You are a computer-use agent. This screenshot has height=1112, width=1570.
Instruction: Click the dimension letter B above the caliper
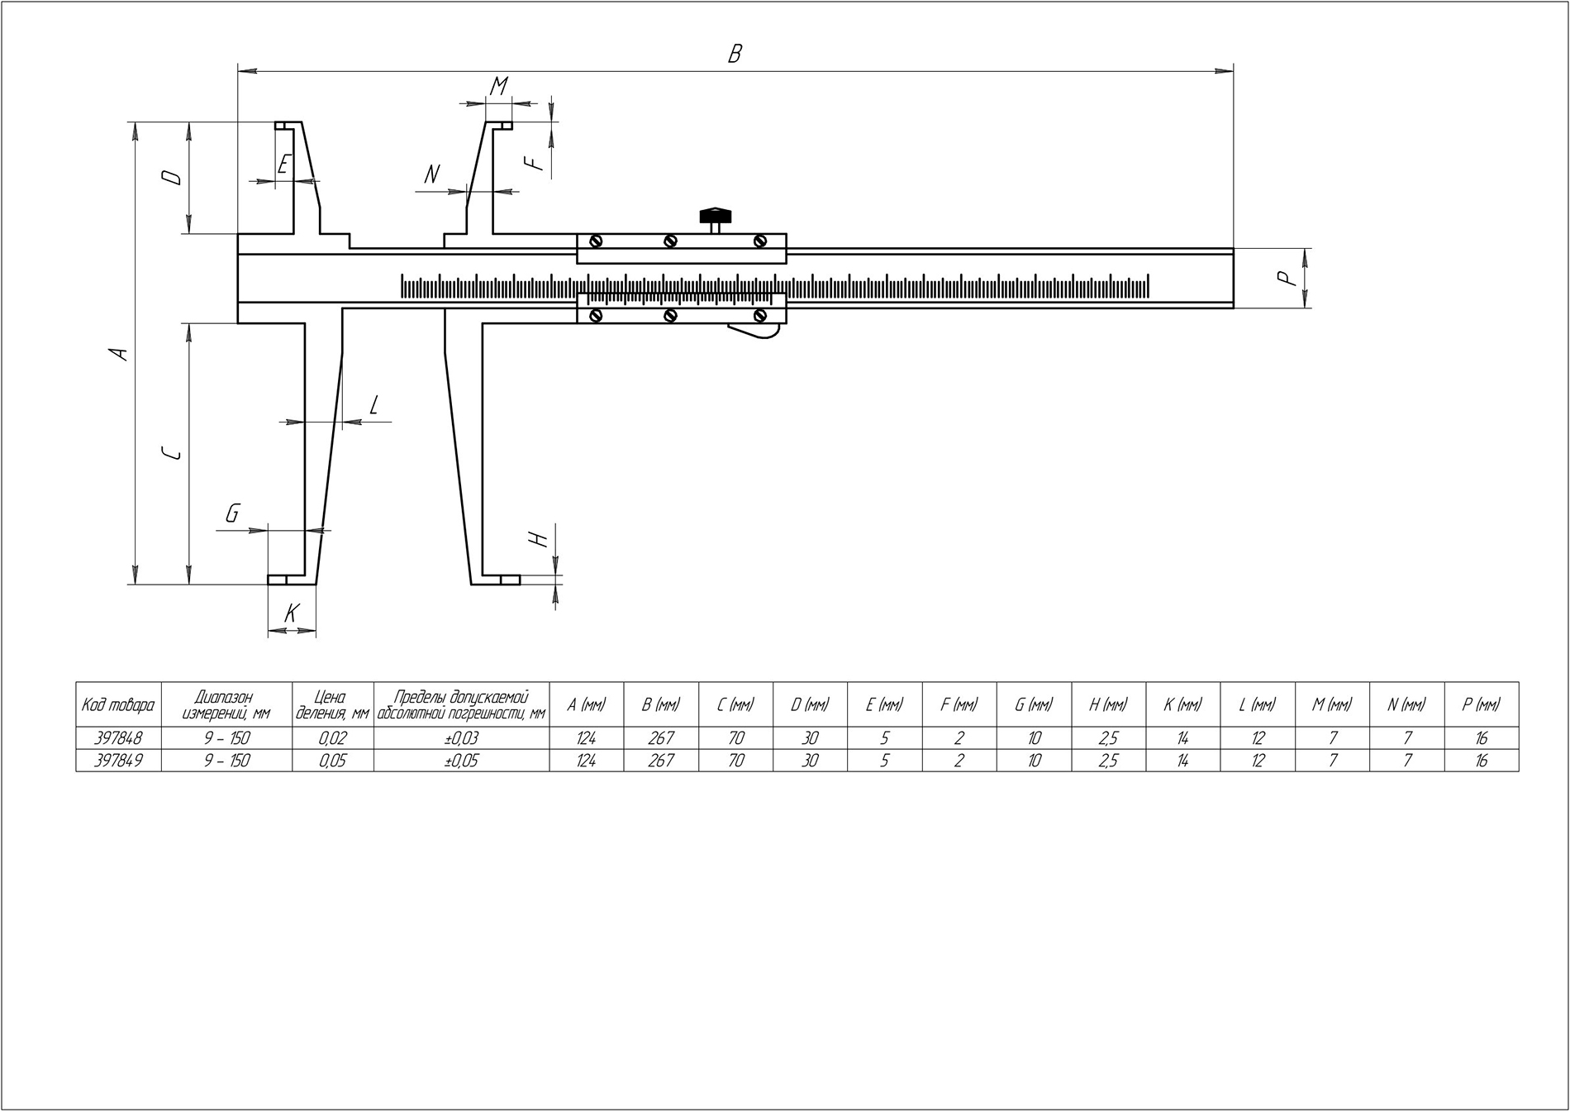[735, 54]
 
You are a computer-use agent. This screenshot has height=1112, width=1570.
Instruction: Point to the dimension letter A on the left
[121, 353]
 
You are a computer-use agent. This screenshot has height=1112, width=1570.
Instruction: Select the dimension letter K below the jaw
[291, 613]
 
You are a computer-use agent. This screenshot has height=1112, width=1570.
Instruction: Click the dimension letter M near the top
[498, 86]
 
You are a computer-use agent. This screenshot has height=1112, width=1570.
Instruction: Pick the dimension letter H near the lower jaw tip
[540, 539]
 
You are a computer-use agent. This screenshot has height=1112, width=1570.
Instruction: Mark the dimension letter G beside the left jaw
[232, 514]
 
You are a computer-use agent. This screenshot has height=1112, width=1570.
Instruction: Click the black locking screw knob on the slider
[716, 216]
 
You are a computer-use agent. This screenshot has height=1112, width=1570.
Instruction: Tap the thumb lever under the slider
[754, 331]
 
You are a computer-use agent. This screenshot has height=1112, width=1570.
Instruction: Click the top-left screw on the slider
[595, 241]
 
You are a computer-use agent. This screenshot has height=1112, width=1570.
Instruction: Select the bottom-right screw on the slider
[760, 315]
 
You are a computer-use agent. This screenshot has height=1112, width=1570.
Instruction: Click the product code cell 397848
[118, 737]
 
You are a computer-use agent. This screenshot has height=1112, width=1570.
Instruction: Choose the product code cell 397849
[118, 760]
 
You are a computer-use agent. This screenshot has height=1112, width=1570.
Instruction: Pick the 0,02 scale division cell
[333, 737]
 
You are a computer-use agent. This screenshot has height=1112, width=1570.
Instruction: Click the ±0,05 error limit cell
[462, 760]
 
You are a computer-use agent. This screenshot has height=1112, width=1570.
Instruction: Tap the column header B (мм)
[661, 704]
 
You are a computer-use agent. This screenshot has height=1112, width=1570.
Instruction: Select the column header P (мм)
[1481, 704]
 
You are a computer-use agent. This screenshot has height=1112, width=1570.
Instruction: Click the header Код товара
[118, 704]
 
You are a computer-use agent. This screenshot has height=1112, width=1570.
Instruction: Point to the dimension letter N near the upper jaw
[431, 174]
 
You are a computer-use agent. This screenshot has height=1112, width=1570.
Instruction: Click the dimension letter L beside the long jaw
[373, 404]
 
